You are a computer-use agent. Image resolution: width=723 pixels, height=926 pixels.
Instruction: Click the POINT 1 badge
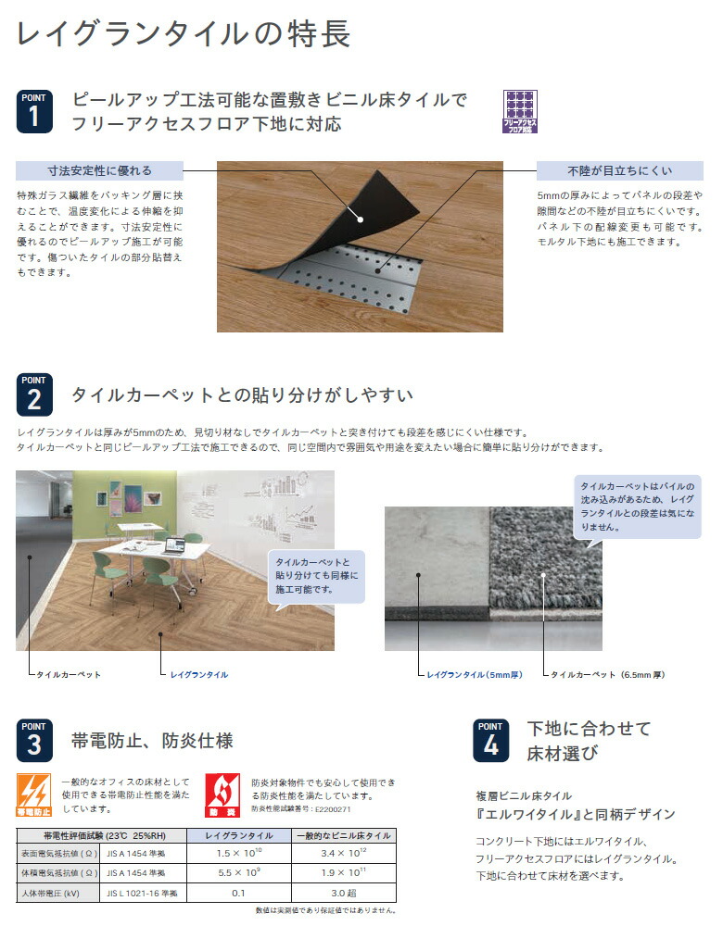click(34, 110)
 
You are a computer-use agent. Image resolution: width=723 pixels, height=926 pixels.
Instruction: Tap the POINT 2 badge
click(34, 395)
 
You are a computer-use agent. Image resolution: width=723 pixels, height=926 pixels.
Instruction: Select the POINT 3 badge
click(34, 740)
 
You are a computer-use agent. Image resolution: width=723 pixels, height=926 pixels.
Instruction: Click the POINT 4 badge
click(490, 740)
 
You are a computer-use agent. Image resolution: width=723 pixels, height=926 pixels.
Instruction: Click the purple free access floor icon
click(519, 112)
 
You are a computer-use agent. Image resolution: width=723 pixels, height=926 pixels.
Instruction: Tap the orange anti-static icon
click(34, 795)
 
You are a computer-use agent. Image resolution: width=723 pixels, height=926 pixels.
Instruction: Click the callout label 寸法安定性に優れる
click(99, 170)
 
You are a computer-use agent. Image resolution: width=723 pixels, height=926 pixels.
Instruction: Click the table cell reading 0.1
click(237, 894)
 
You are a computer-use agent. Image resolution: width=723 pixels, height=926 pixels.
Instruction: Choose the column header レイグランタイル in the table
click(238, 835)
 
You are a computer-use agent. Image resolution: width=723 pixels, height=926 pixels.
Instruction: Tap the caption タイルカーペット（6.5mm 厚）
click(607, 675)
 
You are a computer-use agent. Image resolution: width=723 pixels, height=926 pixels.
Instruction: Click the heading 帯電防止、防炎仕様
click(152, 740)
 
